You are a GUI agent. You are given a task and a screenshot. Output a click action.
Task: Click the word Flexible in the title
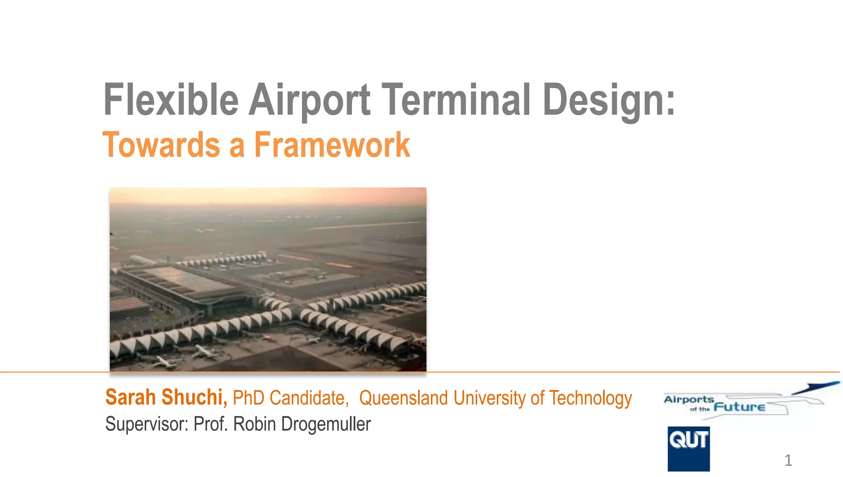click(171, 100)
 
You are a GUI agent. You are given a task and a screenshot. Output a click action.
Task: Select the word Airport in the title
click(310, 100)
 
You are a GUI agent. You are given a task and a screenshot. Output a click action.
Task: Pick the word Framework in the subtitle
click(332, 145)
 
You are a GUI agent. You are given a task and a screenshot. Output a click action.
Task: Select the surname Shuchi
click(194, 398)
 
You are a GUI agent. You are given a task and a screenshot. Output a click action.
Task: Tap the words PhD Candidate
click(291, 398)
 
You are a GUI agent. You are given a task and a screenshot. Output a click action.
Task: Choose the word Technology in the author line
click(590, 398)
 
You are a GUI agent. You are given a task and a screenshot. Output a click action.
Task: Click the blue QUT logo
click(688, 449)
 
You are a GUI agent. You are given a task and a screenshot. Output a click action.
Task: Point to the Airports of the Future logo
click(737, 401)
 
